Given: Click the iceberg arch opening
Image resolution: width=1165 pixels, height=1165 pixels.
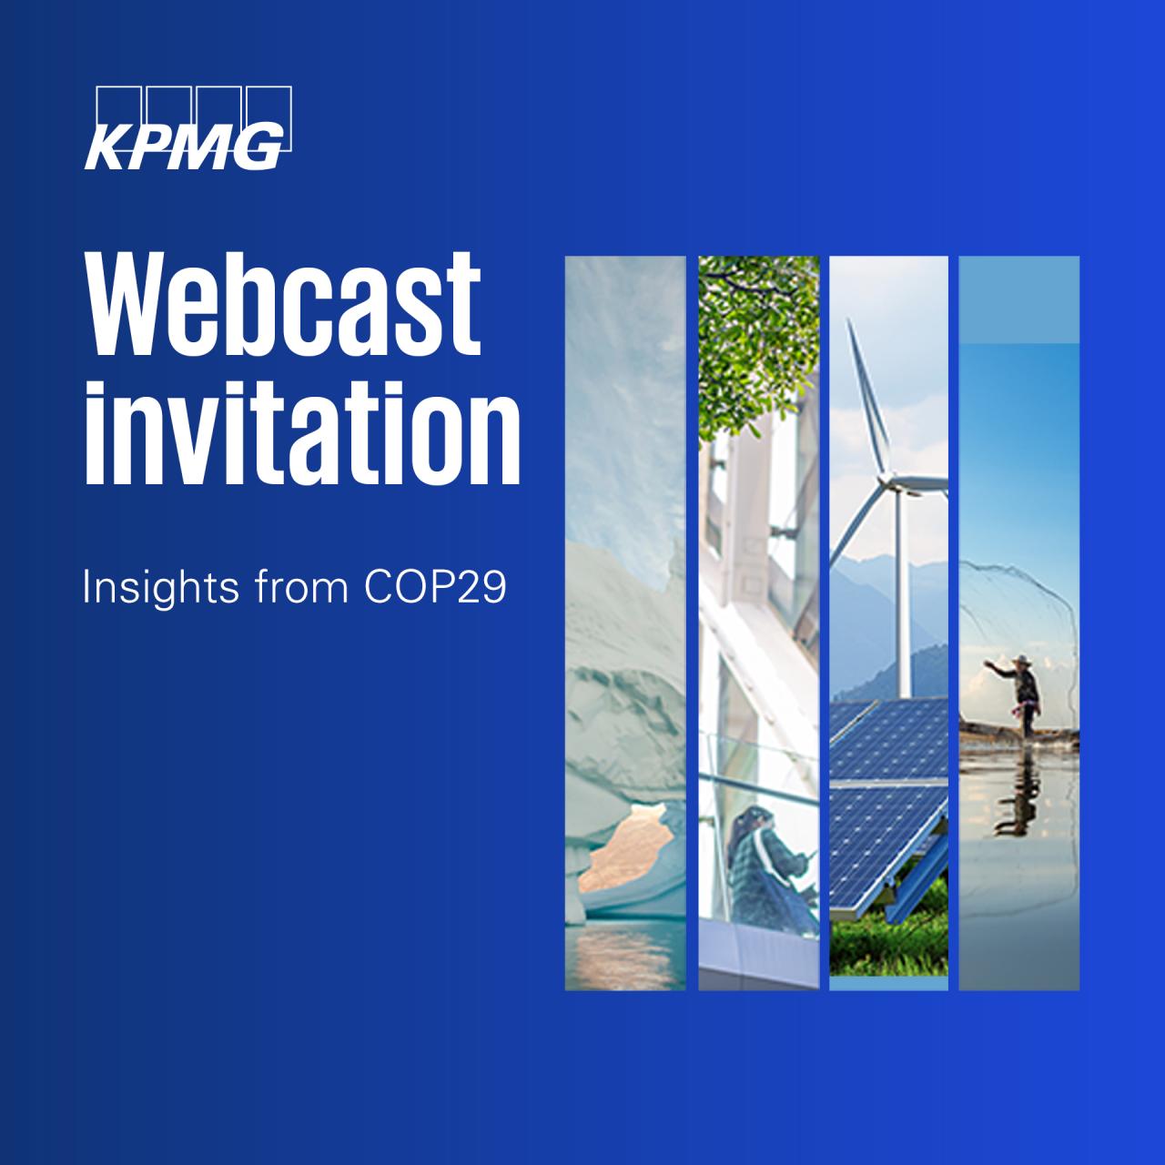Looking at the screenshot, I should (x=623, y=856).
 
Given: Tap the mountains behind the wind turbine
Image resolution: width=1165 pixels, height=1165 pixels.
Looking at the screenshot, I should (x=865, y=628).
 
